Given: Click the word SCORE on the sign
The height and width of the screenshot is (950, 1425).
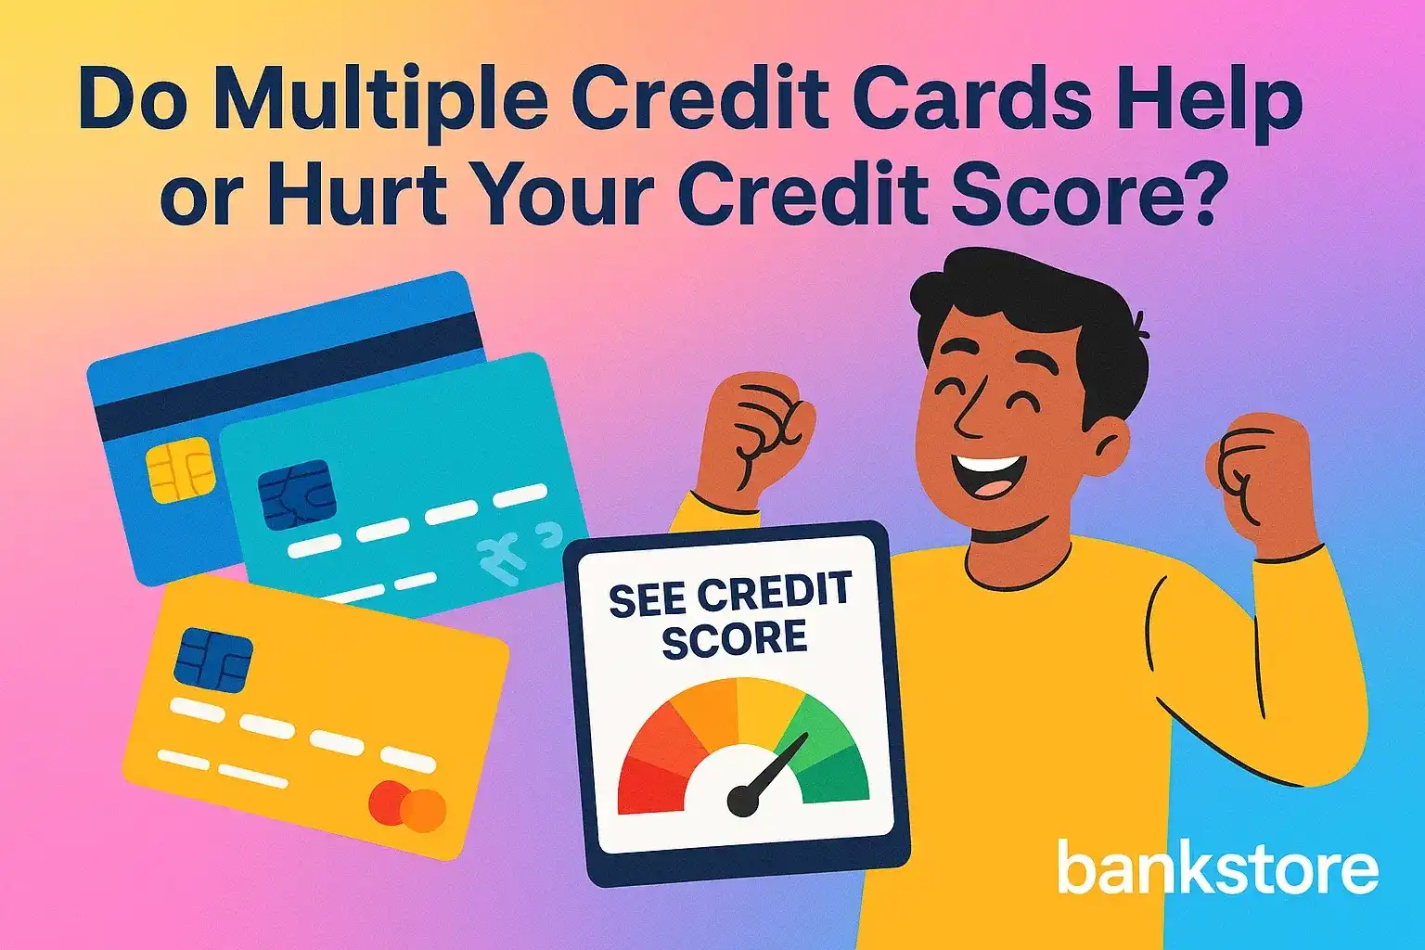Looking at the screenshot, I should (x=734, y=639).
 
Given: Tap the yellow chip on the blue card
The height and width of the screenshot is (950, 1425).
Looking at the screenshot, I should (x=181, y=472).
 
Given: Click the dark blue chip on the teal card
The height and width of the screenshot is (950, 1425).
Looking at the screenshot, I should (x=296, y=494).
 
